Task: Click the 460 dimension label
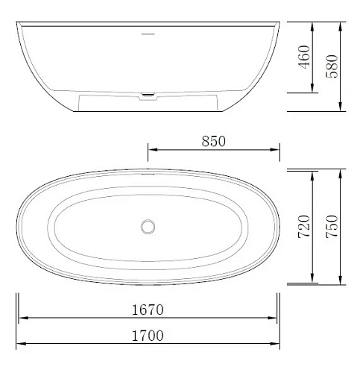304,57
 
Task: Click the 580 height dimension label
332,66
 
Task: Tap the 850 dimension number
213,141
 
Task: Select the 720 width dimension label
304,227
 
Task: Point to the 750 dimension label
332,227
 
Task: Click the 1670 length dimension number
148,310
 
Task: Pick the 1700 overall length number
148,336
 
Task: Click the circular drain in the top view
148,227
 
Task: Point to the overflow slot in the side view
148,34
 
